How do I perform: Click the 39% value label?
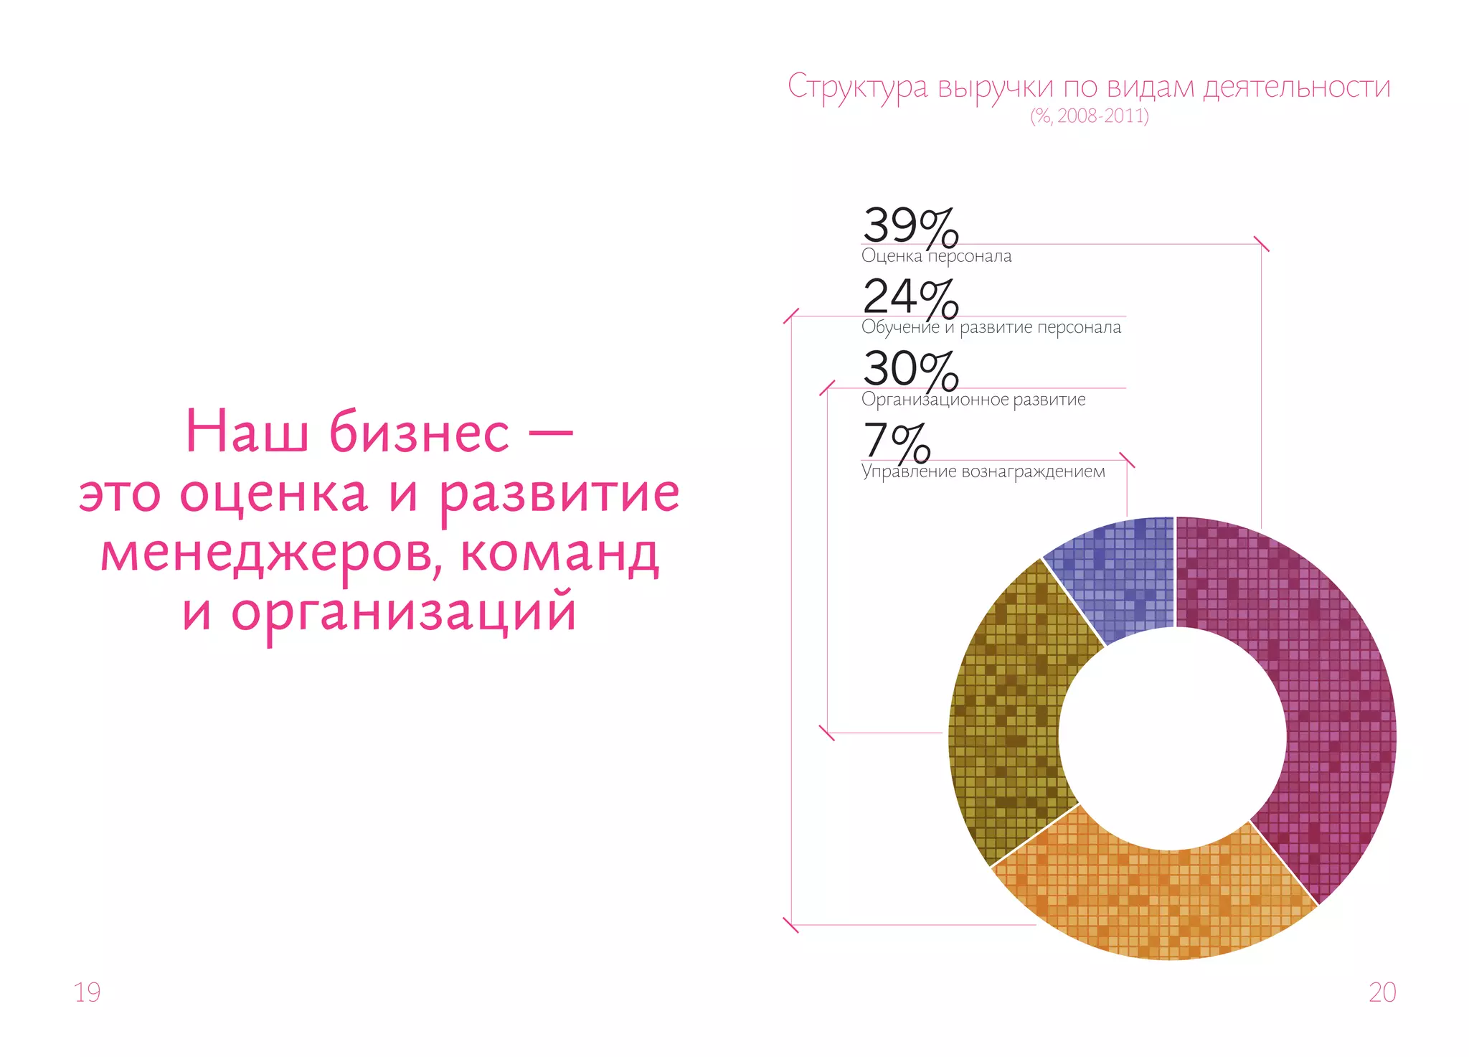click(x=910, y=226)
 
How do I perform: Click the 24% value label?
click(x=910, y=298)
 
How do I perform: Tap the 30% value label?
click(x=910, y=370)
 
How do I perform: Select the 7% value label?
click(x=897, y=441)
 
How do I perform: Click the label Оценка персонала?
click(x=936, y=256)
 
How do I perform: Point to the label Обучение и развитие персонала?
click(x=991, y=328)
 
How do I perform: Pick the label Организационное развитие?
click(x=973, y=400)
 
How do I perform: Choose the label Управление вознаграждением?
click(x=983, y=472)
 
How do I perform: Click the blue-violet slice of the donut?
click(x=1119, y=574)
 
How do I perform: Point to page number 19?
click(x=88, y=992)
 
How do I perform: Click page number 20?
click(x=1382, y=992)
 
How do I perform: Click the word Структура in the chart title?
click(x=857, y=88)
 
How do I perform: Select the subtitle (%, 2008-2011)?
click(x=1090, y=116)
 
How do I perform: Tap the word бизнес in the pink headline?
click(x=419, y=432)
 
